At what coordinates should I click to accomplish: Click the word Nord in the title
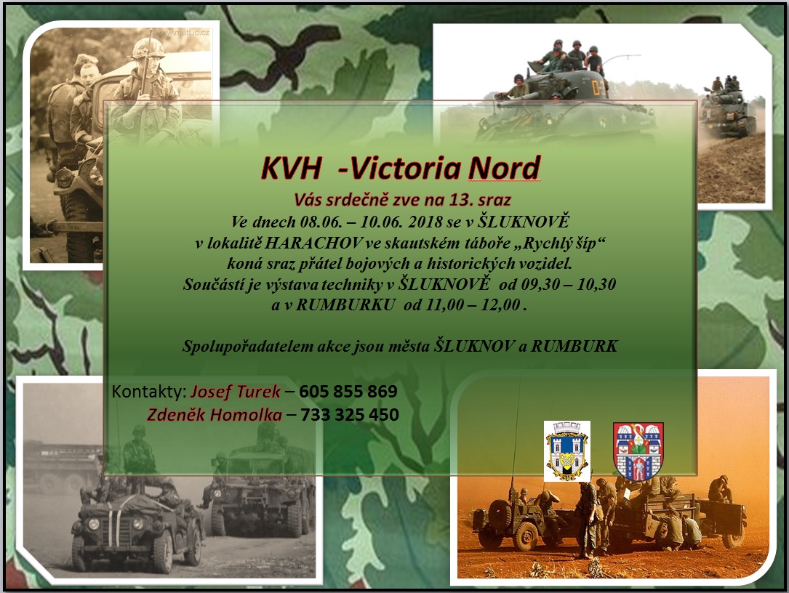(504, 168)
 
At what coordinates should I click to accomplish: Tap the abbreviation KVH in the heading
(291, 169)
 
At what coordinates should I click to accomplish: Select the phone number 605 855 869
(348, 391)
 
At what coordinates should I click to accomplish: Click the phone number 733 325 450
(350, 414)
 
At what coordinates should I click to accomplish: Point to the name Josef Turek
(236, 391)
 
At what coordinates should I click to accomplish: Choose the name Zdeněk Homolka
(215, 414)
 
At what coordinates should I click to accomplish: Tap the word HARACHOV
(313, 243)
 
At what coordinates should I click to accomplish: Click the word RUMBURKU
(345, 304)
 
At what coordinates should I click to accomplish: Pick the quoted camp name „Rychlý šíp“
(559, 243)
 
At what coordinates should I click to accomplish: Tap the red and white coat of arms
(638, 451)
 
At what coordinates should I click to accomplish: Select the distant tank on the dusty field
(728, 108)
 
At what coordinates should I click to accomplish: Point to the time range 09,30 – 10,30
(569, 284)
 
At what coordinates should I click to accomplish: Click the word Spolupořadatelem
(248, 347)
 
